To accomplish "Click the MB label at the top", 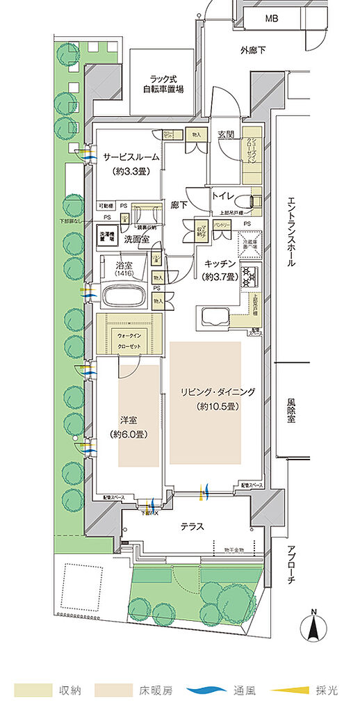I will click(x=270, y=19).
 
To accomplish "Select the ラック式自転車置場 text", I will click(x=163, y=84).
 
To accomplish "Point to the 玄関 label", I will click(x=225, y=134).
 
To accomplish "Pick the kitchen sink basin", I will click(x=211, y=317).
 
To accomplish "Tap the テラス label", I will click(x=192, y=526).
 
